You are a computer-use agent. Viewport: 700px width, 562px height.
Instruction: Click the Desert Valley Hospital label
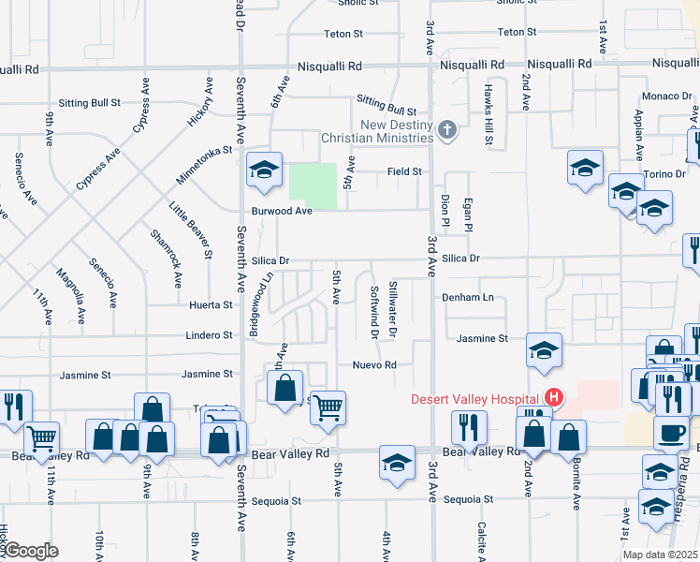[476, 398]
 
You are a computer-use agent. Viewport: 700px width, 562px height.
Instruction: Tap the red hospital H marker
[554, 398]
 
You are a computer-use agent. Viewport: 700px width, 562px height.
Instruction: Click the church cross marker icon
[447, 130]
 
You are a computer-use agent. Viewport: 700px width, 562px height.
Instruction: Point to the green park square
[313, 186]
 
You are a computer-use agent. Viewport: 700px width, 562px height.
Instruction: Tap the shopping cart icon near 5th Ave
[328, 408]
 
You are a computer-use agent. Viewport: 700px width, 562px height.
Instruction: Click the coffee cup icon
[670, 434]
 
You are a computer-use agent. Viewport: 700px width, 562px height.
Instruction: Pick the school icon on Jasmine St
[544, 350]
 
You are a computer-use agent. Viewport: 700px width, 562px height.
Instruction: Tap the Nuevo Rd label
[375, 364]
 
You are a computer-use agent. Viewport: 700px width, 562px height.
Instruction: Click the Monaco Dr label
[665, 96]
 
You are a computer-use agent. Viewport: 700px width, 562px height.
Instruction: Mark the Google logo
[30, 551]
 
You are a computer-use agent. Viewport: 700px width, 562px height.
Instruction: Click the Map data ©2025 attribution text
[660, 555]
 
